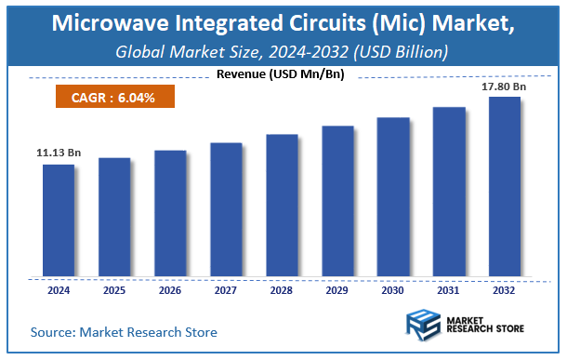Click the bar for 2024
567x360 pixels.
[59, 220]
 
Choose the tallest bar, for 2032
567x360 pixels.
[505, 186]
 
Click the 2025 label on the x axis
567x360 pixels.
[114, 289]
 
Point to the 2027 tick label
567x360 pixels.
[226, 289]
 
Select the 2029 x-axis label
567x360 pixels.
[337, 289]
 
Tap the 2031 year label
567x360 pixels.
[449, 289]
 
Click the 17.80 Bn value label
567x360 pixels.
[504, 87]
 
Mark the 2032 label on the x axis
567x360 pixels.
[505, 289]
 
